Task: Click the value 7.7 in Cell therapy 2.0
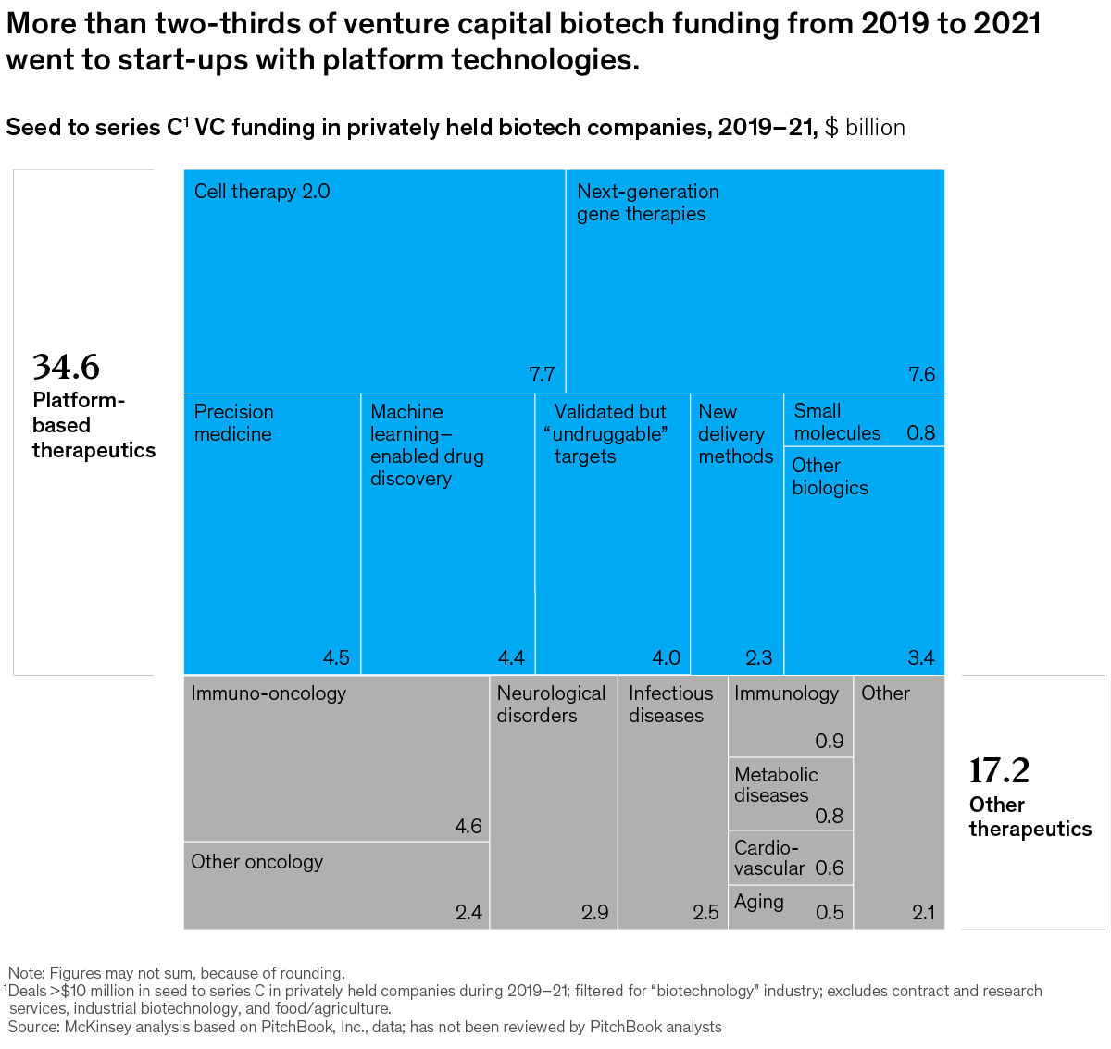click(542, 375)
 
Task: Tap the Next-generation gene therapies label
click(647, 203)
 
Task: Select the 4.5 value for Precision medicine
click(336, 658)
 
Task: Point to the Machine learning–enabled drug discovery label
click(427, 445)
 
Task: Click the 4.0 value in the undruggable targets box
click(666, 658)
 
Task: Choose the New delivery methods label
click(735, 434)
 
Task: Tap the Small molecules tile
click(864, 421)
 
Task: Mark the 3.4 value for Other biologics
click(920, 658)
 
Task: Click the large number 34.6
click(66, 368)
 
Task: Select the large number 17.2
click(999, 770)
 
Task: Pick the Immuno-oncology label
click(268, 693)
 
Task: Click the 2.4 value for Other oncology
click(468, 913)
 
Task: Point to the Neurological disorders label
click(551, 705)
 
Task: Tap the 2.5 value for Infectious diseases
click(705, 913)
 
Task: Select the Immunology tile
click(790, 716)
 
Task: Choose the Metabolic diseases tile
click(790, 794)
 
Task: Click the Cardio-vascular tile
click(790, 858)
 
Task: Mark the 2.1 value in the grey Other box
click(923, 913)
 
